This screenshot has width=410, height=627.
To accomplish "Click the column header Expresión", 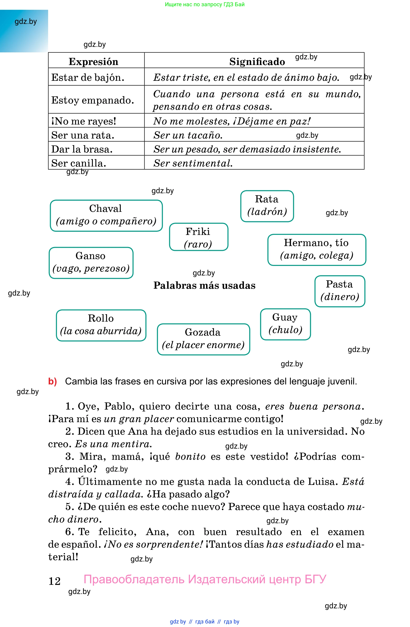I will click(x=93, y=62).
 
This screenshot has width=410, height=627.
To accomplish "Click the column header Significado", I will click(x=257, y=62).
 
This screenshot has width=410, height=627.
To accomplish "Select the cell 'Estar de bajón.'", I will click(x=88, y=77).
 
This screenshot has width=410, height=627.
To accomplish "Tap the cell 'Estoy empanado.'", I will click(x=93, y=100).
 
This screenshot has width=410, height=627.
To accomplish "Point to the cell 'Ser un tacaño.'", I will click(x=188, y=135).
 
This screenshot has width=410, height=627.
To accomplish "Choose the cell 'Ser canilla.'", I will click(x=79, y=163).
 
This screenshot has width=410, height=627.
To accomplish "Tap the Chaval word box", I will click(x=106, y=215).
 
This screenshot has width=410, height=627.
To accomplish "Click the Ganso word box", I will click(x=91, y=262).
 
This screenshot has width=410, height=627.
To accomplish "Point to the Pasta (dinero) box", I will click(x=340, y=291).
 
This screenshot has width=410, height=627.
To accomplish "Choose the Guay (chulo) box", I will click(x=285, y=324).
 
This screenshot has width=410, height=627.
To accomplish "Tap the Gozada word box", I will click(x=203, y=339).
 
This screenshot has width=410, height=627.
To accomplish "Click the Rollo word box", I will click(x=101, y=325).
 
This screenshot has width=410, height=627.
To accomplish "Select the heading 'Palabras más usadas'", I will click(x=204, y=285).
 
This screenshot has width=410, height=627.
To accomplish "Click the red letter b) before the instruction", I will click(x=52, y=381).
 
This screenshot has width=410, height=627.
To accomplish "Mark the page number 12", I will click(x=55, y=581).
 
